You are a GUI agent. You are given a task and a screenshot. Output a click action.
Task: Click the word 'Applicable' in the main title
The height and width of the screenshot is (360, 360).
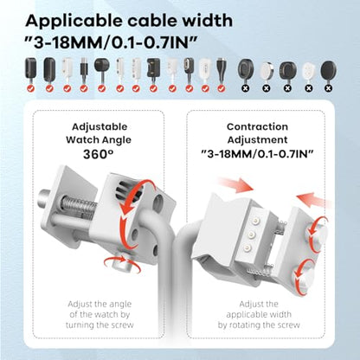point(74,22)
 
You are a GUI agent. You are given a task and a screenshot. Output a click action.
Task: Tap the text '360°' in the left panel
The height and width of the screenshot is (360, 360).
point(98,154)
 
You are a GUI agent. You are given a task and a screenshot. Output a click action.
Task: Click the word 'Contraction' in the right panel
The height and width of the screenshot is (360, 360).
point(257,126)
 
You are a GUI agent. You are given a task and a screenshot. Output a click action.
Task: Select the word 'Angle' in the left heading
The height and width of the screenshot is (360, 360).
point(116,140)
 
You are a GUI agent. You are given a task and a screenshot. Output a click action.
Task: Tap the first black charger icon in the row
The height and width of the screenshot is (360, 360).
point(31,69)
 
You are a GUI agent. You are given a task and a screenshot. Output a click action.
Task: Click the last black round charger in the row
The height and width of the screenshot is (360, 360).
point(328,70)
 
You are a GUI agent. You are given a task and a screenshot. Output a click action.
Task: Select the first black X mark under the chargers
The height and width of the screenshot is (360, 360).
point(245,88)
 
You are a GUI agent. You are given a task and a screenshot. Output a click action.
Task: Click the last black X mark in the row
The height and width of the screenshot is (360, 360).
point(329,88)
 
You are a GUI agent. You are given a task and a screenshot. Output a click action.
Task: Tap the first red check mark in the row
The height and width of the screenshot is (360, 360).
point(31,88)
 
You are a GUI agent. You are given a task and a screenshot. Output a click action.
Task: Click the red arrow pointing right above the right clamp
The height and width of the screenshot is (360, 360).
point(235,184)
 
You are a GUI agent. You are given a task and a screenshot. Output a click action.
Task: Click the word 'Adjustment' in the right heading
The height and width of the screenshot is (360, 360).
point(257,140)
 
